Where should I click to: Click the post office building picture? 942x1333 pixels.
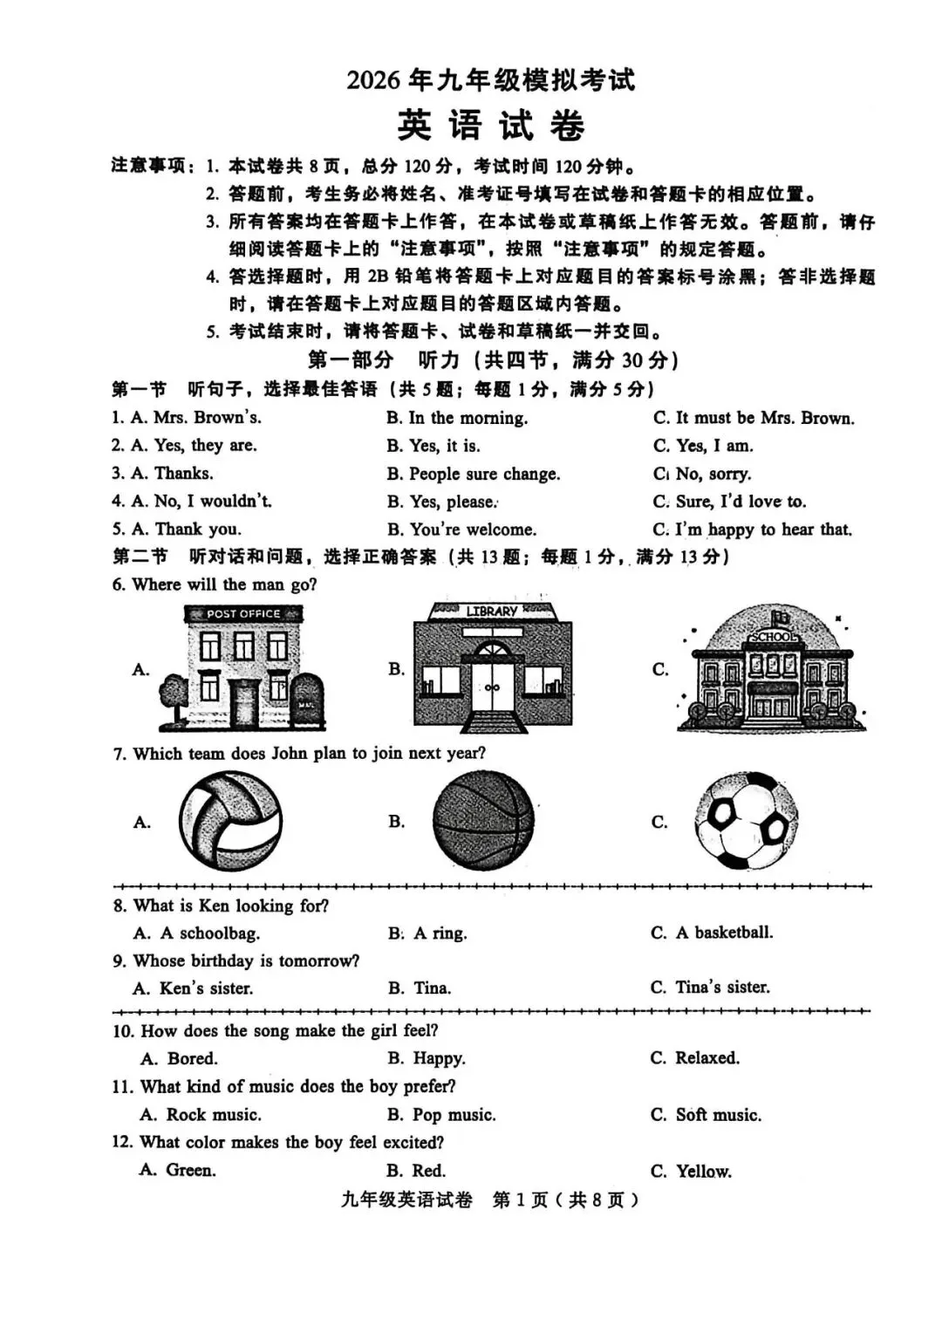tap(242, 668)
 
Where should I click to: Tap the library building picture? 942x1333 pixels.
tap(493, 665)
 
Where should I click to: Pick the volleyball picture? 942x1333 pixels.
tap(231, 823)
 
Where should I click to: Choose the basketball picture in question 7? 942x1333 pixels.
tap(483, 822)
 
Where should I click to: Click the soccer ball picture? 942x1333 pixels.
tap(747, 821)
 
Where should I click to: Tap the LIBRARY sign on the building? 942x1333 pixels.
tap(492, 612)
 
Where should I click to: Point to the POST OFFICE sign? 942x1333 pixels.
tap(243, 614)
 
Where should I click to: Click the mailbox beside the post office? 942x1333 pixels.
tap(307, 701)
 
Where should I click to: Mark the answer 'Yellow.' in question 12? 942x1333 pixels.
tap(703, 1172)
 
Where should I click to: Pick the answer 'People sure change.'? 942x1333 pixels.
tap(484, 474)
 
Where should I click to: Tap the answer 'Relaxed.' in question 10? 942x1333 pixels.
tap(706, 1058)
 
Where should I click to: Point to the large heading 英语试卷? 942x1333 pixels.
tap(491, 126)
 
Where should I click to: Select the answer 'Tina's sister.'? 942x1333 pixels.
tap(722, 988)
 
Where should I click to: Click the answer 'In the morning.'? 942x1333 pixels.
tap(468, 418)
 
